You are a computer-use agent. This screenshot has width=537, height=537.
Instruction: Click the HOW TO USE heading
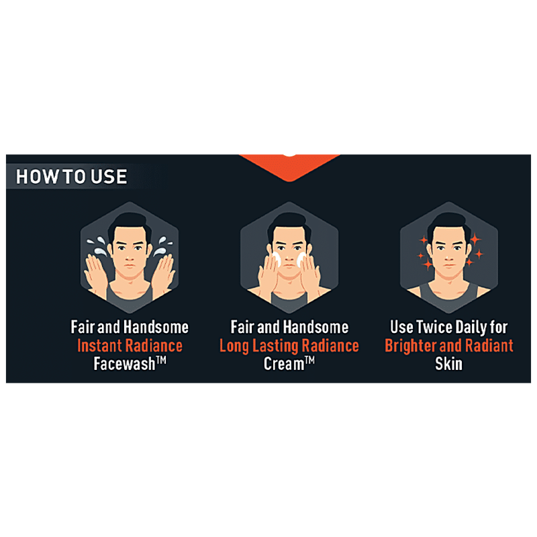pos(72,177)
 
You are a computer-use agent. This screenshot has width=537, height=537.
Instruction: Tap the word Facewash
pos(124,364)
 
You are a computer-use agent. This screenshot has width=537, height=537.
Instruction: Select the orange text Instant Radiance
pos(130,345)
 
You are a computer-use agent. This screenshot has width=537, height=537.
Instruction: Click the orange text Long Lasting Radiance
pos(289,346)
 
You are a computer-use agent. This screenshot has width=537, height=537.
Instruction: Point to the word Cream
pos(284,364)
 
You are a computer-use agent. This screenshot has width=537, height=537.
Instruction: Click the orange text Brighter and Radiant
pos(449,346)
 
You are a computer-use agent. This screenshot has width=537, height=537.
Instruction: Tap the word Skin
pos(448,364)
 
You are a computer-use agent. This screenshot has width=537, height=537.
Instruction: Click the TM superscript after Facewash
pos(161,360)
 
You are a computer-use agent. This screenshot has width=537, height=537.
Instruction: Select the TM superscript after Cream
pos(309,360)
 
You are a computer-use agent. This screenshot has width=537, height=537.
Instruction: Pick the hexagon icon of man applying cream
pos(289,257)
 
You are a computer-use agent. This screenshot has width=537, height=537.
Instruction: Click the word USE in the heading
pos(109,177)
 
